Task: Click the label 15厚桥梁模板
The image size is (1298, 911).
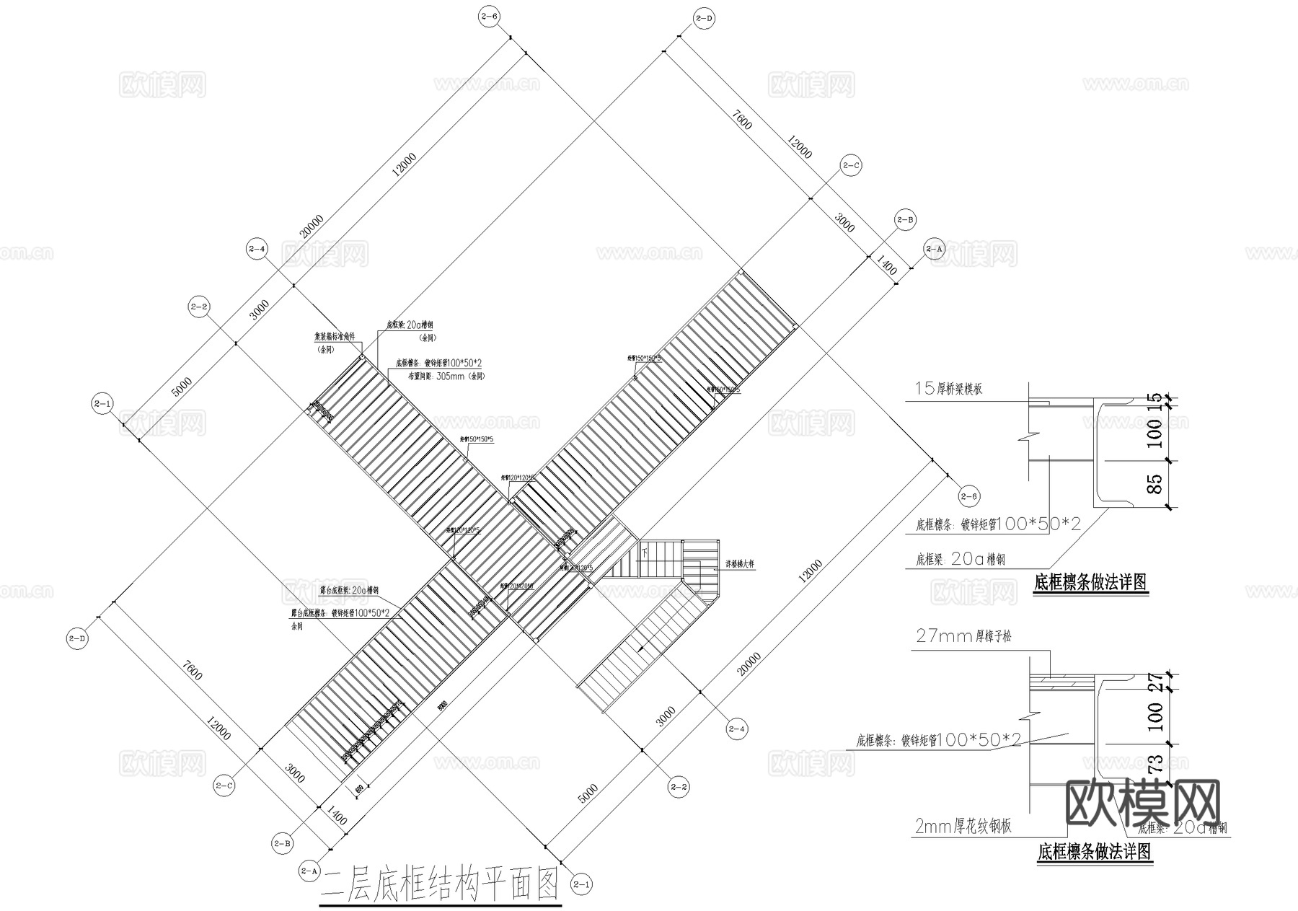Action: tap(948, 389)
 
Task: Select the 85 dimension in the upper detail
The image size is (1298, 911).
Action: tap(1154, 484)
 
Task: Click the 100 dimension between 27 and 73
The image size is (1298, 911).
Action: tap(1154, 717)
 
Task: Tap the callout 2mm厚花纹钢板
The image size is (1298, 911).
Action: tap(963, 827)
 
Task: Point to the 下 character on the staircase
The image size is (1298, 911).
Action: tap(645, 552)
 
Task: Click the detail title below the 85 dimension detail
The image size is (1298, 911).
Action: tap(1090, 583)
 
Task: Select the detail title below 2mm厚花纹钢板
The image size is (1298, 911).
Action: tap(1094, 853)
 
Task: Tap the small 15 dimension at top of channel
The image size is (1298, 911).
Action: tap(1154, 397)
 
